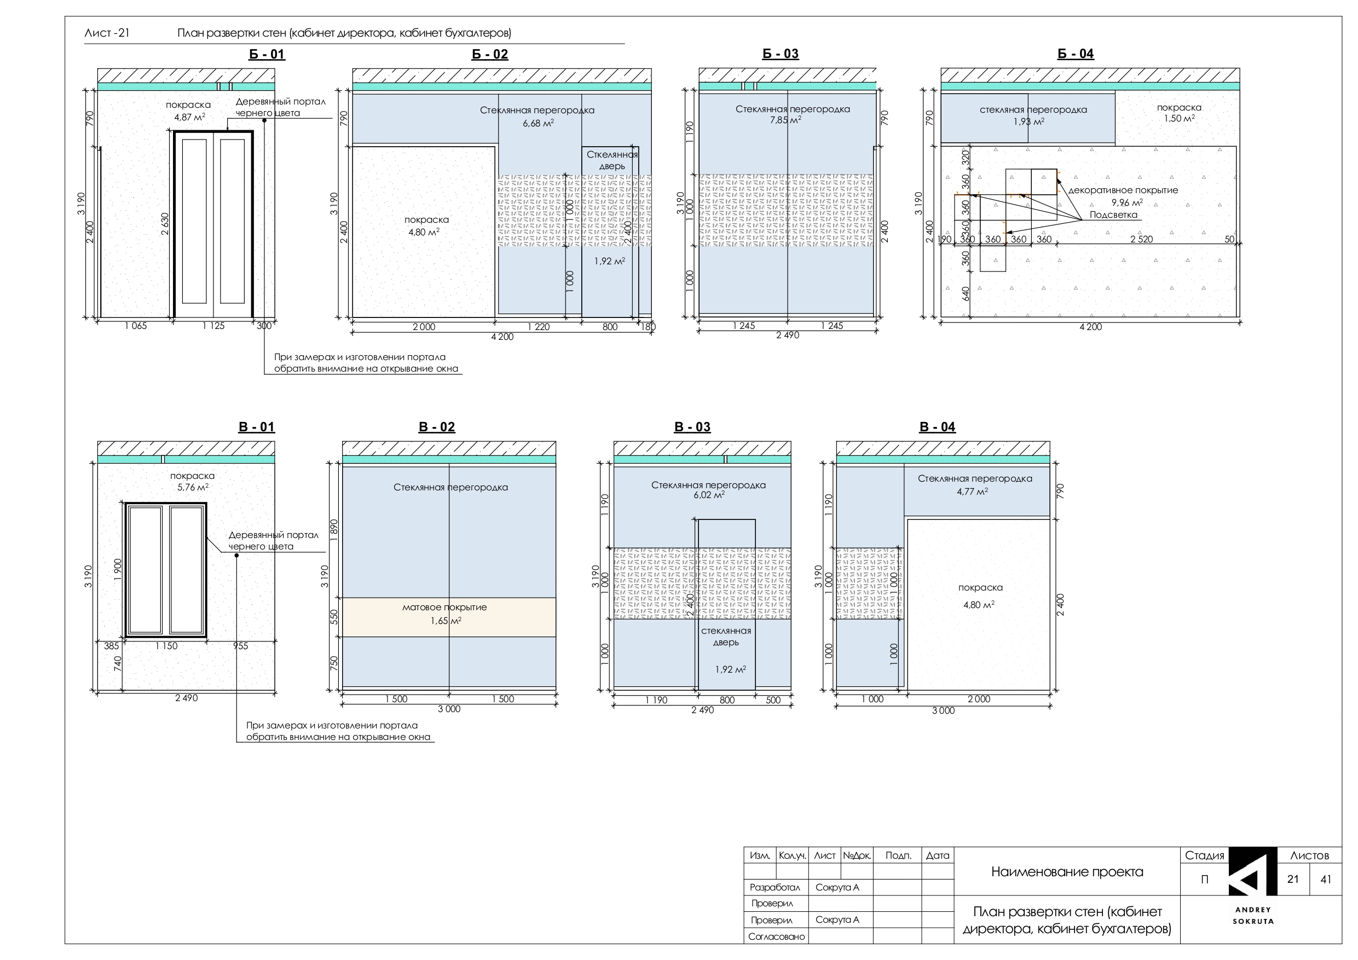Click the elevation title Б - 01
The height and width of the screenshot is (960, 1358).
tap(267, 54)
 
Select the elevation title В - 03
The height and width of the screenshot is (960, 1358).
tap(692, 427)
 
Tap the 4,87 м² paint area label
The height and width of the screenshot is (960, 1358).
tap(189, 117)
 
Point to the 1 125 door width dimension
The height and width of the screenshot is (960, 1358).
tap(213, 326)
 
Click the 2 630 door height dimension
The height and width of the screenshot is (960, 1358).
tap(165, 224)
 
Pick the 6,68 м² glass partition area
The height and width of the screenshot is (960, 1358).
tap(538, 123)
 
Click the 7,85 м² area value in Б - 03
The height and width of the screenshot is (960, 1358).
tap(785, 119)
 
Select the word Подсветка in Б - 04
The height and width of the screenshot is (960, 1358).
tap(1113, 215)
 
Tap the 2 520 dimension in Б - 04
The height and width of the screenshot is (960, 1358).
tap(1142, 240)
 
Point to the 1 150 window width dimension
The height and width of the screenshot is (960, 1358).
tap(166, 646)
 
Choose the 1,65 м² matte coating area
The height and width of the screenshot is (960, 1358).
tap(446, 621)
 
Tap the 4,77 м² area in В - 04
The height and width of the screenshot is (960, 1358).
tap(972, 491)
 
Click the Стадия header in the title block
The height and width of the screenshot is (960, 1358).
tap(1205, 856)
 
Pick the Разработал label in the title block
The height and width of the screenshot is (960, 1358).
tap(775, 887)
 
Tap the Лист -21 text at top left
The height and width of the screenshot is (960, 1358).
tap(107, 33)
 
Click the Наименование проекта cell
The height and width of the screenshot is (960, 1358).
tap(1067, 872)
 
